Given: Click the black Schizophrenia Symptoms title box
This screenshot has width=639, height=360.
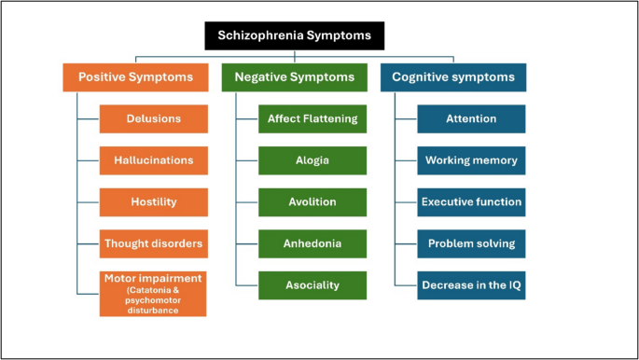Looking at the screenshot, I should (x=294, y=35).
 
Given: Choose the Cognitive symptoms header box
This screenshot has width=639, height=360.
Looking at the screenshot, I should (x=452, y=76).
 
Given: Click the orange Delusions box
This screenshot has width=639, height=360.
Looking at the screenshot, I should (x=154, y=118).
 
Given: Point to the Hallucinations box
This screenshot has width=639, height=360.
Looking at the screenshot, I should (x=154, y=159).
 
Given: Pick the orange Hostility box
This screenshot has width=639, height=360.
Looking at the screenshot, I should (x=154, y=201).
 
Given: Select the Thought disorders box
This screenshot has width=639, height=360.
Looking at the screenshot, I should (x=154, y=243).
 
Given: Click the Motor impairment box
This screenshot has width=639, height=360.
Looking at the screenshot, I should (x=154, y=293).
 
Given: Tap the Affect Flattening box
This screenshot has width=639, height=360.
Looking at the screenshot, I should (x=312, y=118).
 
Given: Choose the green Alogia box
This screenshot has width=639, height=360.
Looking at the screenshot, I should (x=312, y=159).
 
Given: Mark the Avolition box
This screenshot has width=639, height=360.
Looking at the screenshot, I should (x=312, y=201).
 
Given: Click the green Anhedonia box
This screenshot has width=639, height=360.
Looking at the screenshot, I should (x=312, y=243).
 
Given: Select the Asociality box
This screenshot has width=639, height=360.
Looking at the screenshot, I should (x=312, y=284).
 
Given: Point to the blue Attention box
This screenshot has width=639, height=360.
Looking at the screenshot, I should (x=471, y=118).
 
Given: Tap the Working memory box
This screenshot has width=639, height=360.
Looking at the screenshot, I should (x=471, y=159).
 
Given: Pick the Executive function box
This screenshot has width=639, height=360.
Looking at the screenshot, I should (x=471, y=201).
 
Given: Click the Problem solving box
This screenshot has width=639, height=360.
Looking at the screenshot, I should (x=471, y=243).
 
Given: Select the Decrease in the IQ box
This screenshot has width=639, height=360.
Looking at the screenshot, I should (x=471, y=284).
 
